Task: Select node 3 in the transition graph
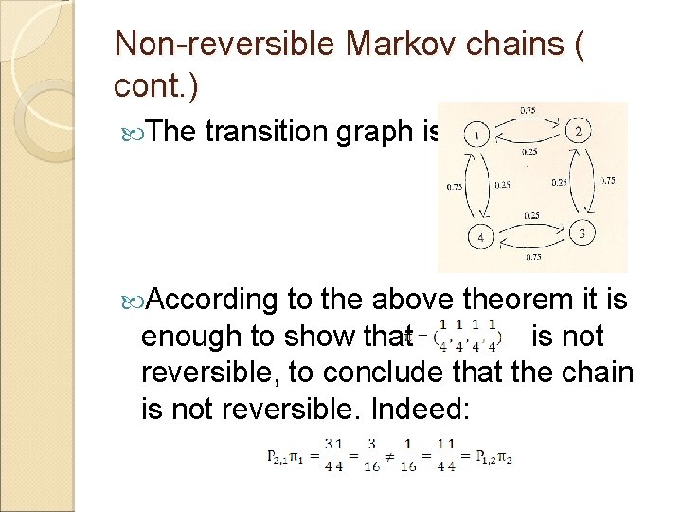[582, 233]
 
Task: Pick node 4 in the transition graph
[480, 237]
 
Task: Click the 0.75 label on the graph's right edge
[607, 180]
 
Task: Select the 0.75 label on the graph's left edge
[454, 186]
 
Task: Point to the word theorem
[512, 300]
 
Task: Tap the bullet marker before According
[130, 301]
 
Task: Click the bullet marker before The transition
[130, 132]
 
